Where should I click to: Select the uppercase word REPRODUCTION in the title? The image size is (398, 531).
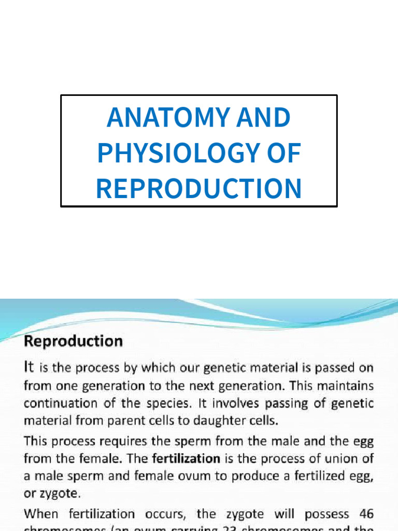tap(198, 188)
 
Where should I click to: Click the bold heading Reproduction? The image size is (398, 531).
tap(74, 342)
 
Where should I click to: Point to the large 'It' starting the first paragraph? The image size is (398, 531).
tap(31, 368)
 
